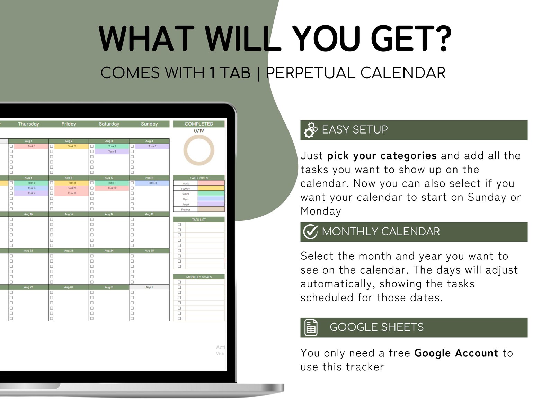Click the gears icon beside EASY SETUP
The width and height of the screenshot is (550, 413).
(310, 130)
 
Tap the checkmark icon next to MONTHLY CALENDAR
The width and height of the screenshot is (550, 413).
(310, 232)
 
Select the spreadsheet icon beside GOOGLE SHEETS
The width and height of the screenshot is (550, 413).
(311, 327)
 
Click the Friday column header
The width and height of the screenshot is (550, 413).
(69, 124)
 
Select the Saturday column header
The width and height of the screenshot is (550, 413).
(109, 124)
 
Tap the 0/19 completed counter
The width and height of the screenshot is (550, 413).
(199, 131)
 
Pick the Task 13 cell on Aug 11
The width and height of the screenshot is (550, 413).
(152, 183)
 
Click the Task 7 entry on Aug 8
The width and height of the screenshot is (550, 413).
(31, 193)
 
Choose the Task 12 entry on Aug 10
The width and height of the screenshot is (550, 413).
(112, 188)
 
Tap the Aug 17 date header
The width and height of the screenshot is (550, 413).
(109, 214)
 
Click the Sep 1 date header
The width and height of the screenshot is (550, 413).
(149, 287)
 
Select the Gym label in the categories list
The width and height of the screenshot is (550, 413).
(186, 199)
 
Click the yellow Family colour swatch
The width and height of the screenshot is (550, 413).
(211, 188)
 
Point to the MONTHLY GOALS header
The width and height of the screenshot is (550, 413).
(199, 277)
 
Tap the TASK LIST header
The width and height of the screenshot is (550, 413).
(199, 220)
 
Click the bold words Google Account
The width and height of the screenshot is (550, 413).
(456, 353)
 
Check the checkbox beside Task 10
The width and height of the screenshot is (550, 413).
(52, 193)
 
